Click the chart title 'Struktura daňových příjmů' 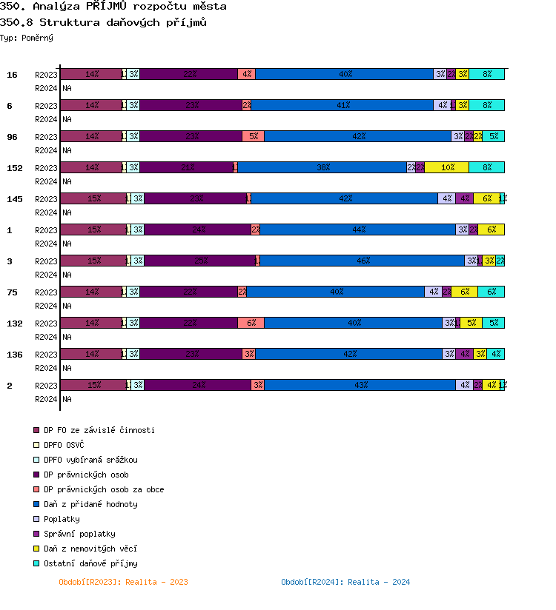coord(103,22)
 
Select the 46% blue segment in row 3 coord(362,261)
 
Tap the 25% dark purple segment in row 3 coord(199,261)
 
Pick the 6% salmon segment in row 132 coord(251,323)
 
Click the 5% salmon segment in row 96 coord(253,136)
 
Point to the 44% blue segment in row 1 coord(357,229)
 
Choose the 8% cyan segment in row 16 coord(486,74)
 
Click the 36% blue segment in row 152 coord(322,167)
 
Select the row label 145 coord(15,199)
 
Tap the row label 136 coord(15,355)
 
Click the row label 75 coord(12,292)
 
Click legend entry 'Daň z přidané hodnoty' coord(90,504)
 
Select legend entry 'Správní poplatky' coord(79,534)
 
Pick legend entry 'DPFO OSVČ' coord(64,445)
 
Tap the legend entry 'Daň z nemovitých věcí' coord(90,549)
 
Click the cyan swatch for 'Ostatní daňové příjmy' coord(36,563)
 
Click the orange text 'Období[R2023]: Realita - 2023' coord(123,582)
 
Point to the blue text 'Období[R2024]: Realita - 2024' coord(345,582)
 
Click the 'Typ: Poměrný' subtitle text coord(27,38)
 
